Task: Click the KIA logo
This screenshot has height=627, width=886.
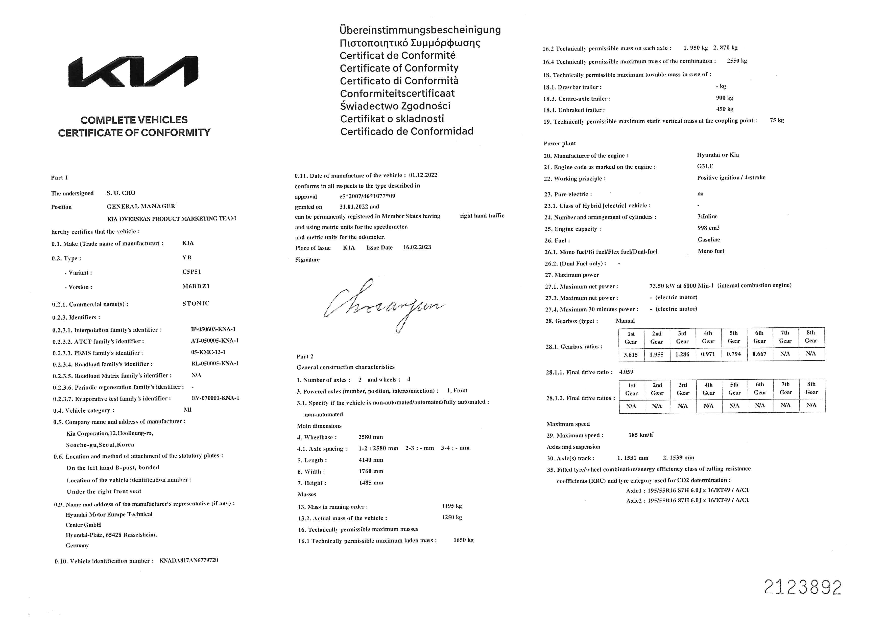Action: [133, 72]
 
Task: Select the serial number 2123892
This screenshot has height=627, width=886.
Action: [803, 587]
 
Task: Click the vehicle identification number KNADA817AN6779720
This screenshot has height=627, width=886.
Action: [189, 560]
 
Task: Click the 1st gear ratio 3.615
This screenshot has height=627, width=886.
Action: [631, 354]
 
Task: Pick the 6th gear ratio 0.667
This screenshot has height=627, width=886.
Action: [759, 354]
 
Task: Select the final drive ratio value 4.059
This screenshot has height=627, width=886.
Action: [626, 372]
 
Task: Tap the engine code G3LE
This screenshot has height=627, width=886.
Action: [705, 166]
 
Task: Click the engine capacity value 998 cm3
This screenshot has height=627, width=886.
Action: [708, 228]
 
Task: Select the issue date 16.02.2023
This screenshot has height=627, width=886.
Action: [417, 247]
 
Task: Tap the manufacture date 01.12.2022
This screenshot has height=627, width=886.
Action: [423, 175]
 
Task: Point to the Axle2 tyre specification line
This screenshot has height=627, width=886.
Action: [687, 500]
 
